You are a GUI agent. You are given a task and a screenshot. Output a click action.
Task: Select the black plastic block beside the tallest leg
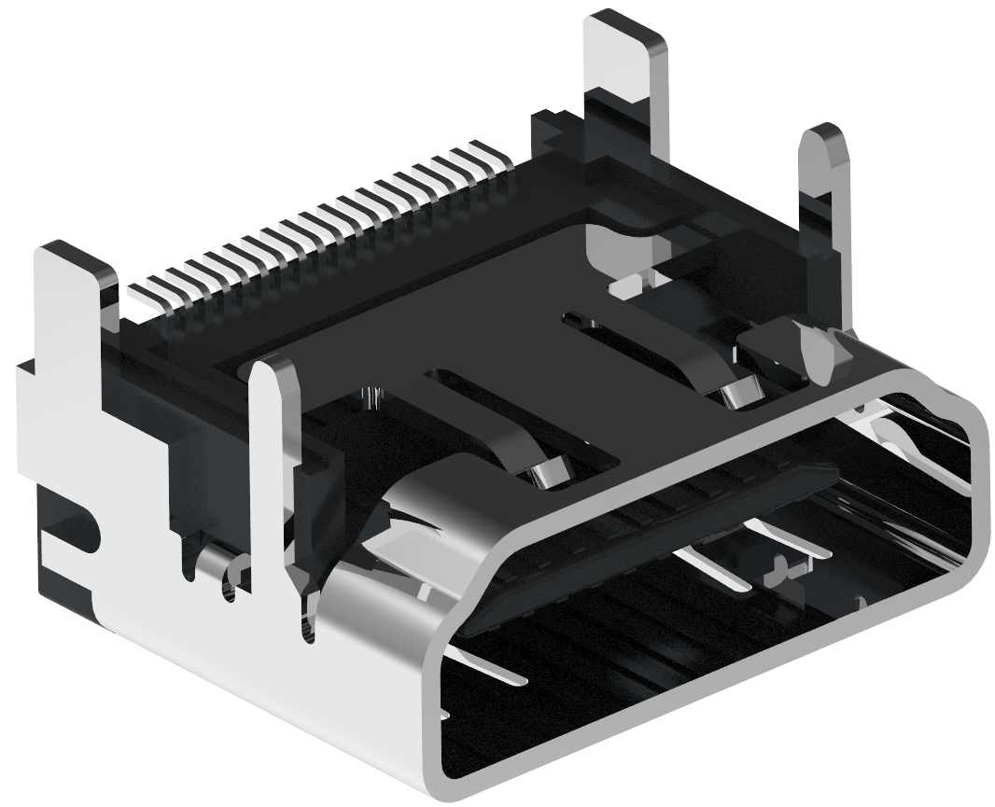[555, 135]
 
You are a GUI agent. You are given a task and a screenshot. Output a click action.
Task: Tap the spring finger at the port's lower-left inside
[485, 667]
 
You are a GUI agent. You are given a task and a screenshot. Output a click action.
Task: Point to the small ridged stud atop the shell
[373, 397]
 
